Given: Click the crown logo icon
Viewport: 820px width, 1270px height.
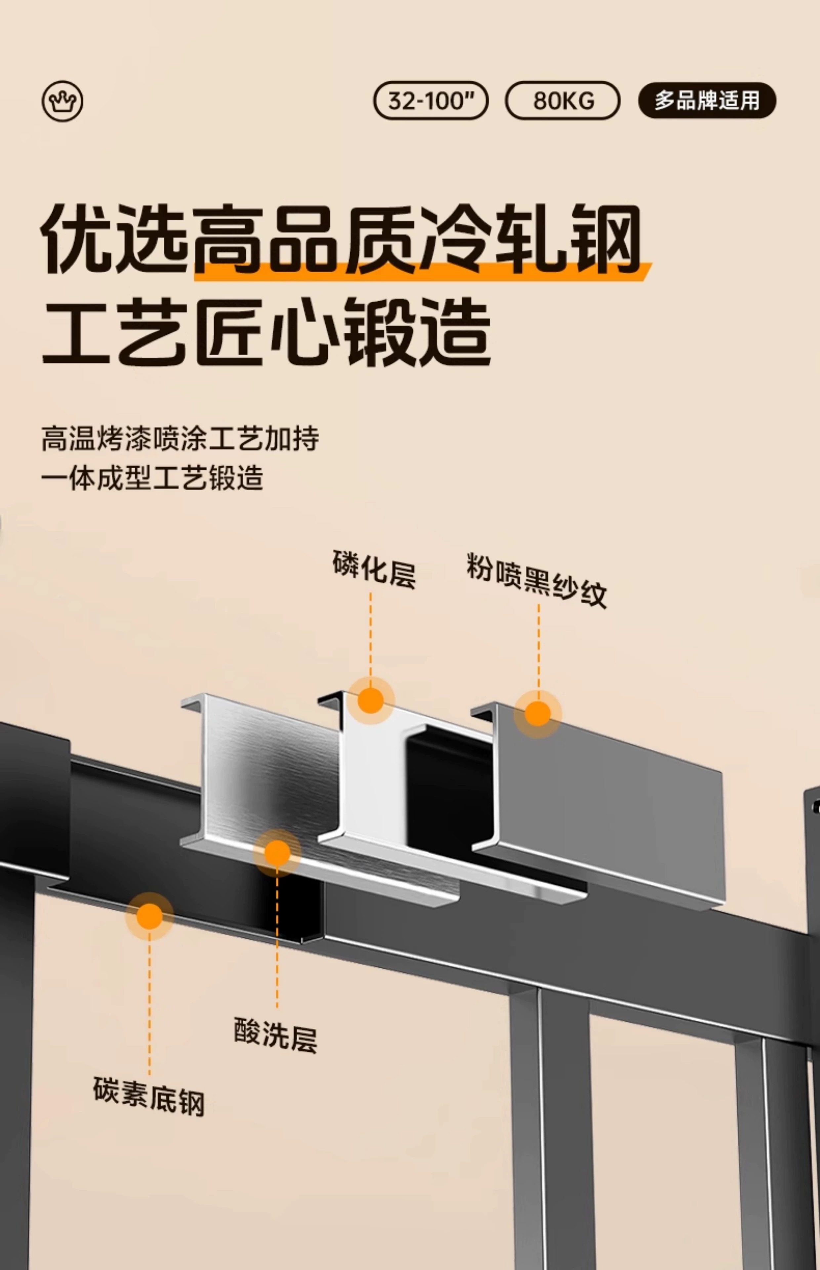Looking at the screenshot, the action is (62, 101).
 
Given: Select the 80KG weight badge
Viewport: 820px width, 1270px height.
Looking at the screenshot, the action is (562, 100).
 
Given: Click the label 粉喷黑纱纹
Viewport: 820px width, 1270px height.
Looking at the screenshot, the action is (536, 580).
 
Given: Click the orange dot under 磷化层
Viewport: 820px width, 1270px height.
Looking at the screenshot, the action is (371, 700).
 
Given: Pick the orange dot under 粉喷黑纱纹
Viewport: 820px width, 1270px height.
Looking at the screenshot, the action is (538, 714).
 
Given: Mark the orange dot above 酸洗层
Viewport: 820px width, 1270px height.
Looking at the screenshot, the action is (277, 853).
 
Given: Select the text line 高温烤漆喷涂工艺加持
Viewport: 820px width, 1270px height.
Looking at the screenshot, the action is (180, 439).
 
